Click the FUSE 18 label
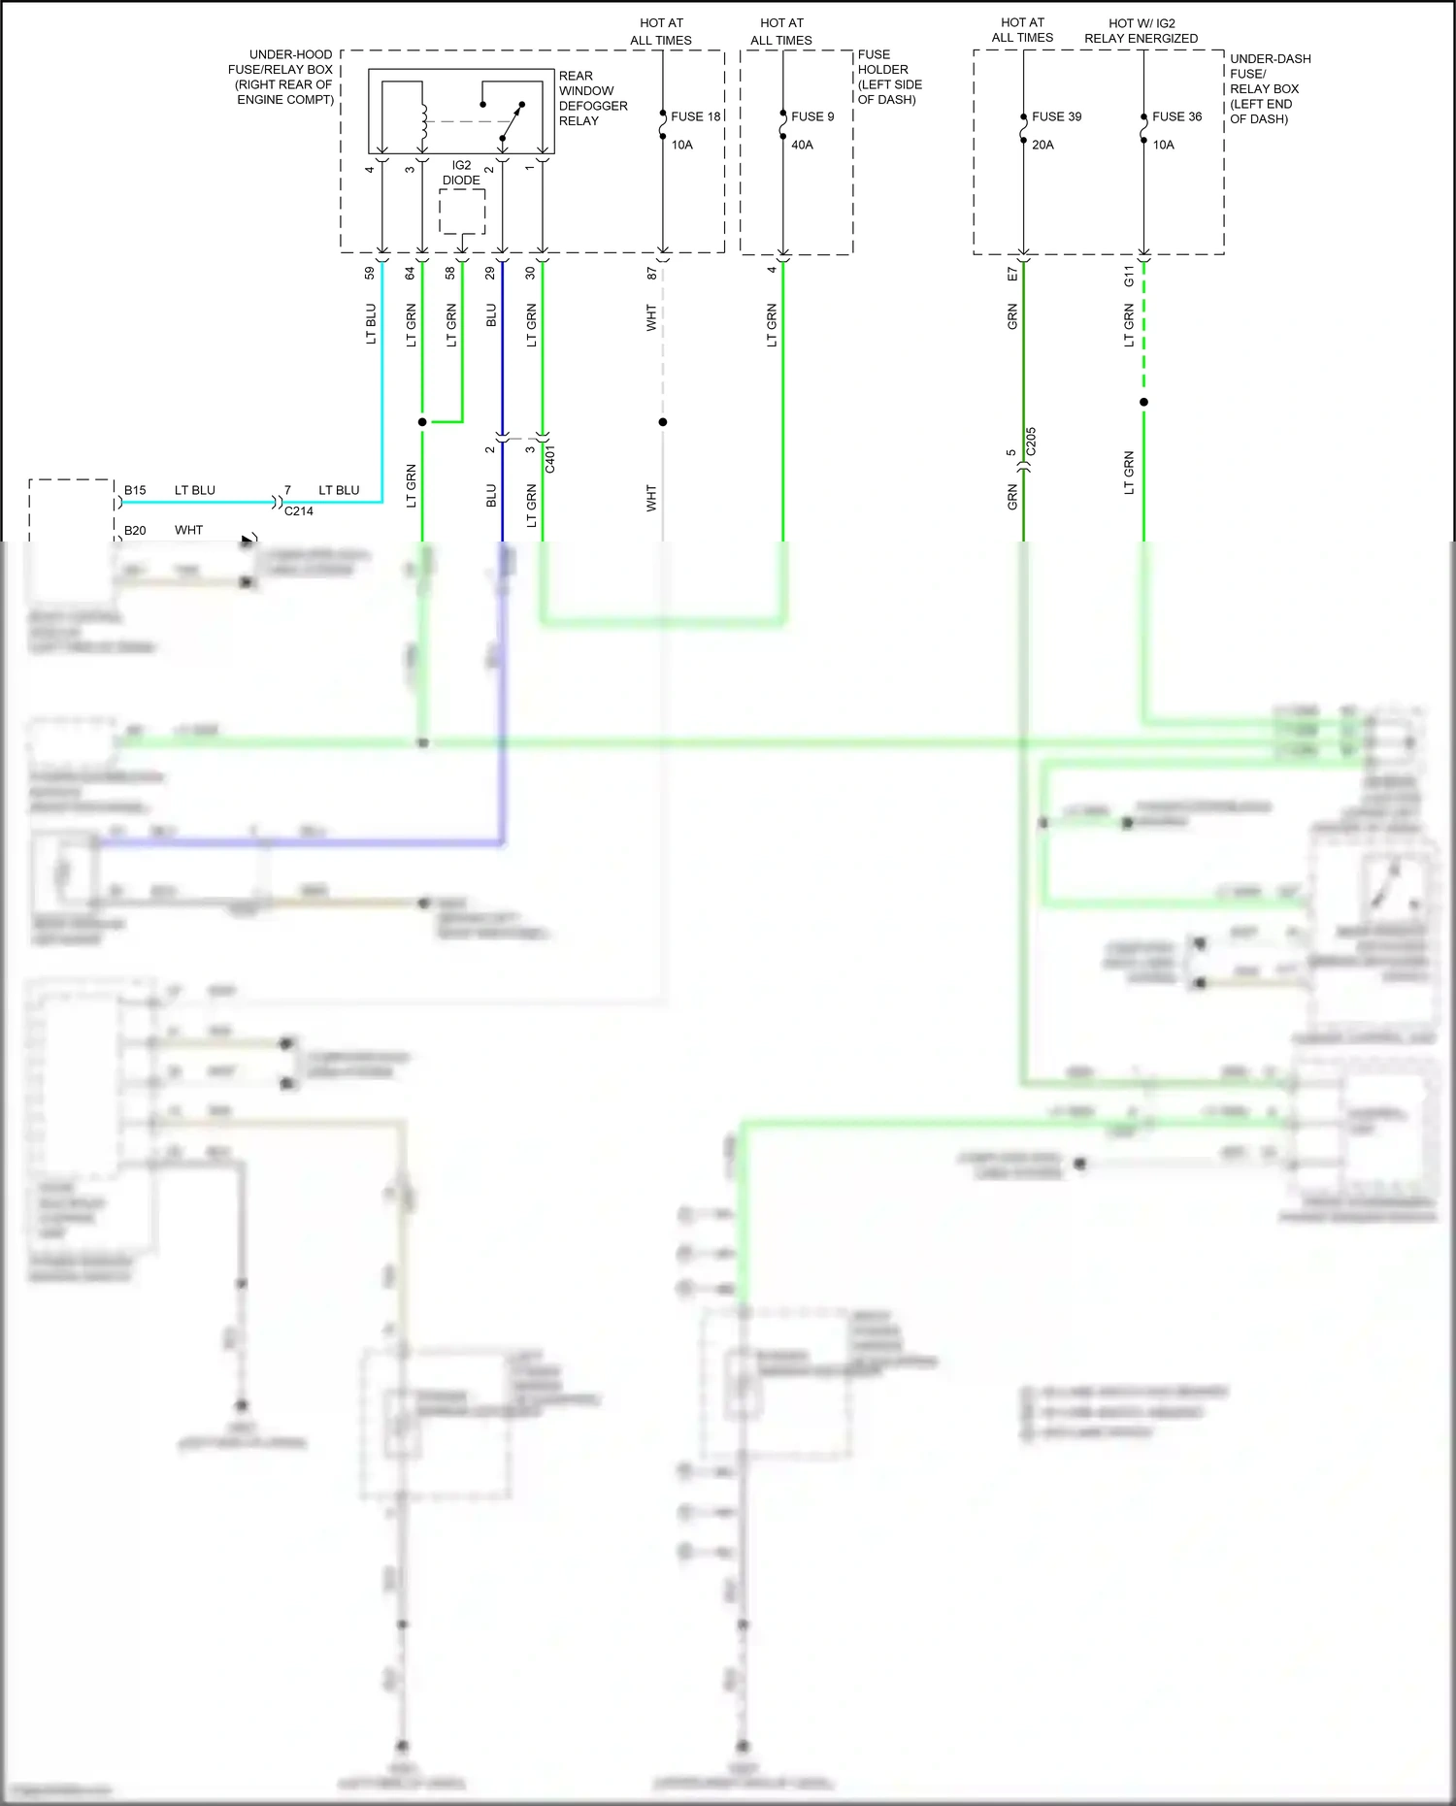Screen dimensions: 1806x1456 pos(695,116)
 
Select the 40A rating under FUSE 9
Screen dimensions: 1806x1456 pos(802,145)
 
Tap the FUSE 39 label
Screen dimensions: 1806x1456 pos(1056,116)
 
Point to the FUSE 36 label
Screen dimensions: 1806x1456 pos(1176,116)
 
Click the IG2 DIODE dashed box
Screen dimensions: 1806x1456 pos(462,211)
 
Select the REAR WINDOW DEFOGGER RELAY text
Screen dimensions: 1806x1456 pos(592,98)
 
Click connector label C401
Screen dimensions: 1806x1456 pos(550,459)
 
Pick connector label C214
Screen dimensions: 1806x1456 pos(298,511)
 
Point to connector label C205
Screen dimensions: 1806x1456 pos(1031,442)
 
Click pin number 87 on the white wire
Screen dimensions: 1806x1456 pos(651,274)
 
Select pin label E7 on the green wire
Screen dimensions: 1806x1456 pos(1012,275)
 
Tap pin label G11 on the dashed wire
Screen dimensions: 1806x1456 pos(1129,276)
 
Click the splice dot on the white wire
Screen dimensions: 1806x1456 pos(663,422)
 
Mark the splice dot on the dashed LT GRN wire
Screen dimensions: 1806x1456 pos(1143,402)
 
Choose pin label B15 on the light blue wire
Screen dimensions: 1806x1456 pos(135,490)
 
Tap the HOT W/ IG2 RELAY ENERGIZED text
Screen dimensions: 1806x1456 pos(1141,30)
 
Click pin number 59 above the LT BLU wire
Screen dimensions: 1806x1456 pos(369,274)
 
